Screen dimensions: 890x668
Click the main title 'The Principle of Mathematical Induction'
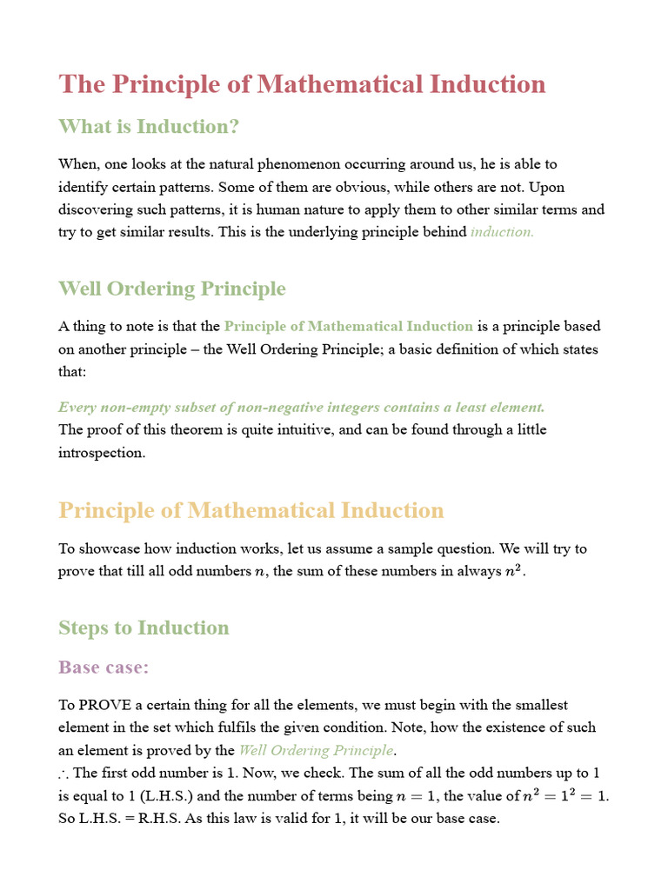pos(302,84)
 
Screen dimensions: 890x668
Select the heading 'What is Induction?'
pos(149,127)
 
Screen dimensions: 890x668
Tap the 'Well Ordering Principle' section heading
pos(171,289)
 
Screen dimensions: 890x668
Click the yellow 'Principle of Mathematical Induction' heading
pos(251,510)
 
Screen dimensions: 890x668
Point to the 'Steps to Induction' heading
pos(144,628)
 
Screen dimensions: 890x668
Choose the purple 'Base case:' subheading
pos(104,667)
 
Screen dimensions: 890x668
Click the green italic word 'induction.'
pos(502,232)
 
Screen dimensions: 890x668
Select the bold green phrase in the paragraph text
pos(348,327)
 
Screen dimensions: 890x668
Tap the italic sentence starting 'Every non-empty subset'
pos(302,407)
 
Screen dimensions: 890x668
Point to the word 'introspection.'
pos(102,453)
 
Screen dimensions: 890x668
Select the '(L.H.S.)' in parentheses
pos(164,796)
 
